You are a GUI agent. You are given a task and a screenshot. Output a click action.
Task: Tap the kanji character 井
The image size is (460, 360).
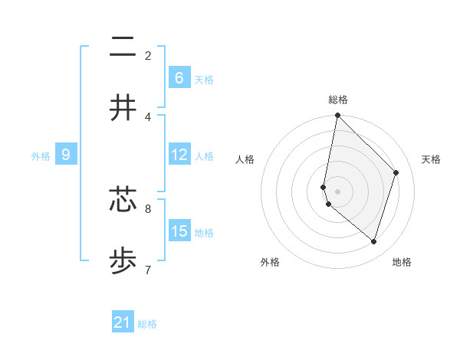coord(123,108)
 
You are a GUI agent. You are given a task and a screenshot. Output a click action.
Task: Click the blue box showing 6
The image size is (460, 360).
coord(179,77)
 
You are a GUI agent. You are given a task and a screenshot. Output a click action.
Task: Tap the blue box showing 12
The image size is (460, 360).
coord(179,155)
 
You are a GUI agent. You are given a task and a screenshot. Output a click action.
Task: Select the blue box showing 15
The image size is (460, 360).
coord(179,231)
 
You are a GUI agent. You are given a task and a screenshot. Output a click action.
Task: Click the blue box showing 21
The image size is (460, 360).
coord(123,322)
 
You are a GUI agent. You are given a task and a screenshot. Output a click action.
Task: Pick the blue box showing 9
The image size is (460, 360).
coord(66,155)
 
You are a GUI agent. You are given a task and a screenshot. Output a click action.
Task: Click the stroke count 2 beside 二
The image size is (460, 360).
coord(148,55)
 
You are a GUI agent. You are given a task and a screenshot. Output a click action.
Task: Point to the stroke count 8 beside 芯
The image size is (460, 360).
coord(148,208)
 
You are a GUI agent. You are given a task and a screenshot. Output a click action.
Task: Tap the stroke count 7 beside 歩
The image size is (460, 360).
coord(148,269)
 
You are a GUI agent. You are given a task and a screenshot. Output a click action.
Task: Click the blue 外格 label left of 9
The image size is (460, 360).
coord(41,155)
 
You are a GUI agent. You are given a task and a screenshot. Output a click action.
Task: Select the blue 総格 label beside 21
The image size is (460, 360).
coord(147,324)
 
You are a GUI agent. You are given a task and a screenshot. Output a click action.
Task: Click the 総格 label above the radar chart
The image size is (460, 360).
coord(337,100)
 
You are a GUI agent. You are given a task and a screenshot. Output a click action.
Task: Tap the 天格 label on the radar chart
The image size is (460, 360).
coord(431,159)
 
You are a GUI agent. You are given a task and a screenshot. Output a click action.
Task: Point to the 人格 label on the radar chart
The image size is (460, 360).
coord(245,159)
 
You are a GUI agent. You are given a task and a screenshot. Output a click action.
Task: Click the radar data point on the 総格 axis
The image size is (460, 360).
coord(337,116)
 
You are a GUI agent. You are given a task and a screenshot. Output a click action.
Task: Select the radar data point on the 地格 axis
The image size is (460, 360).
coord(374,241)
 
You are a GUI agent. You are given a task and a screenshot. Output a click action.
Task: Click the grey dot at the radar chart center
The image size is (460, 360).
coord(337,191)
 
